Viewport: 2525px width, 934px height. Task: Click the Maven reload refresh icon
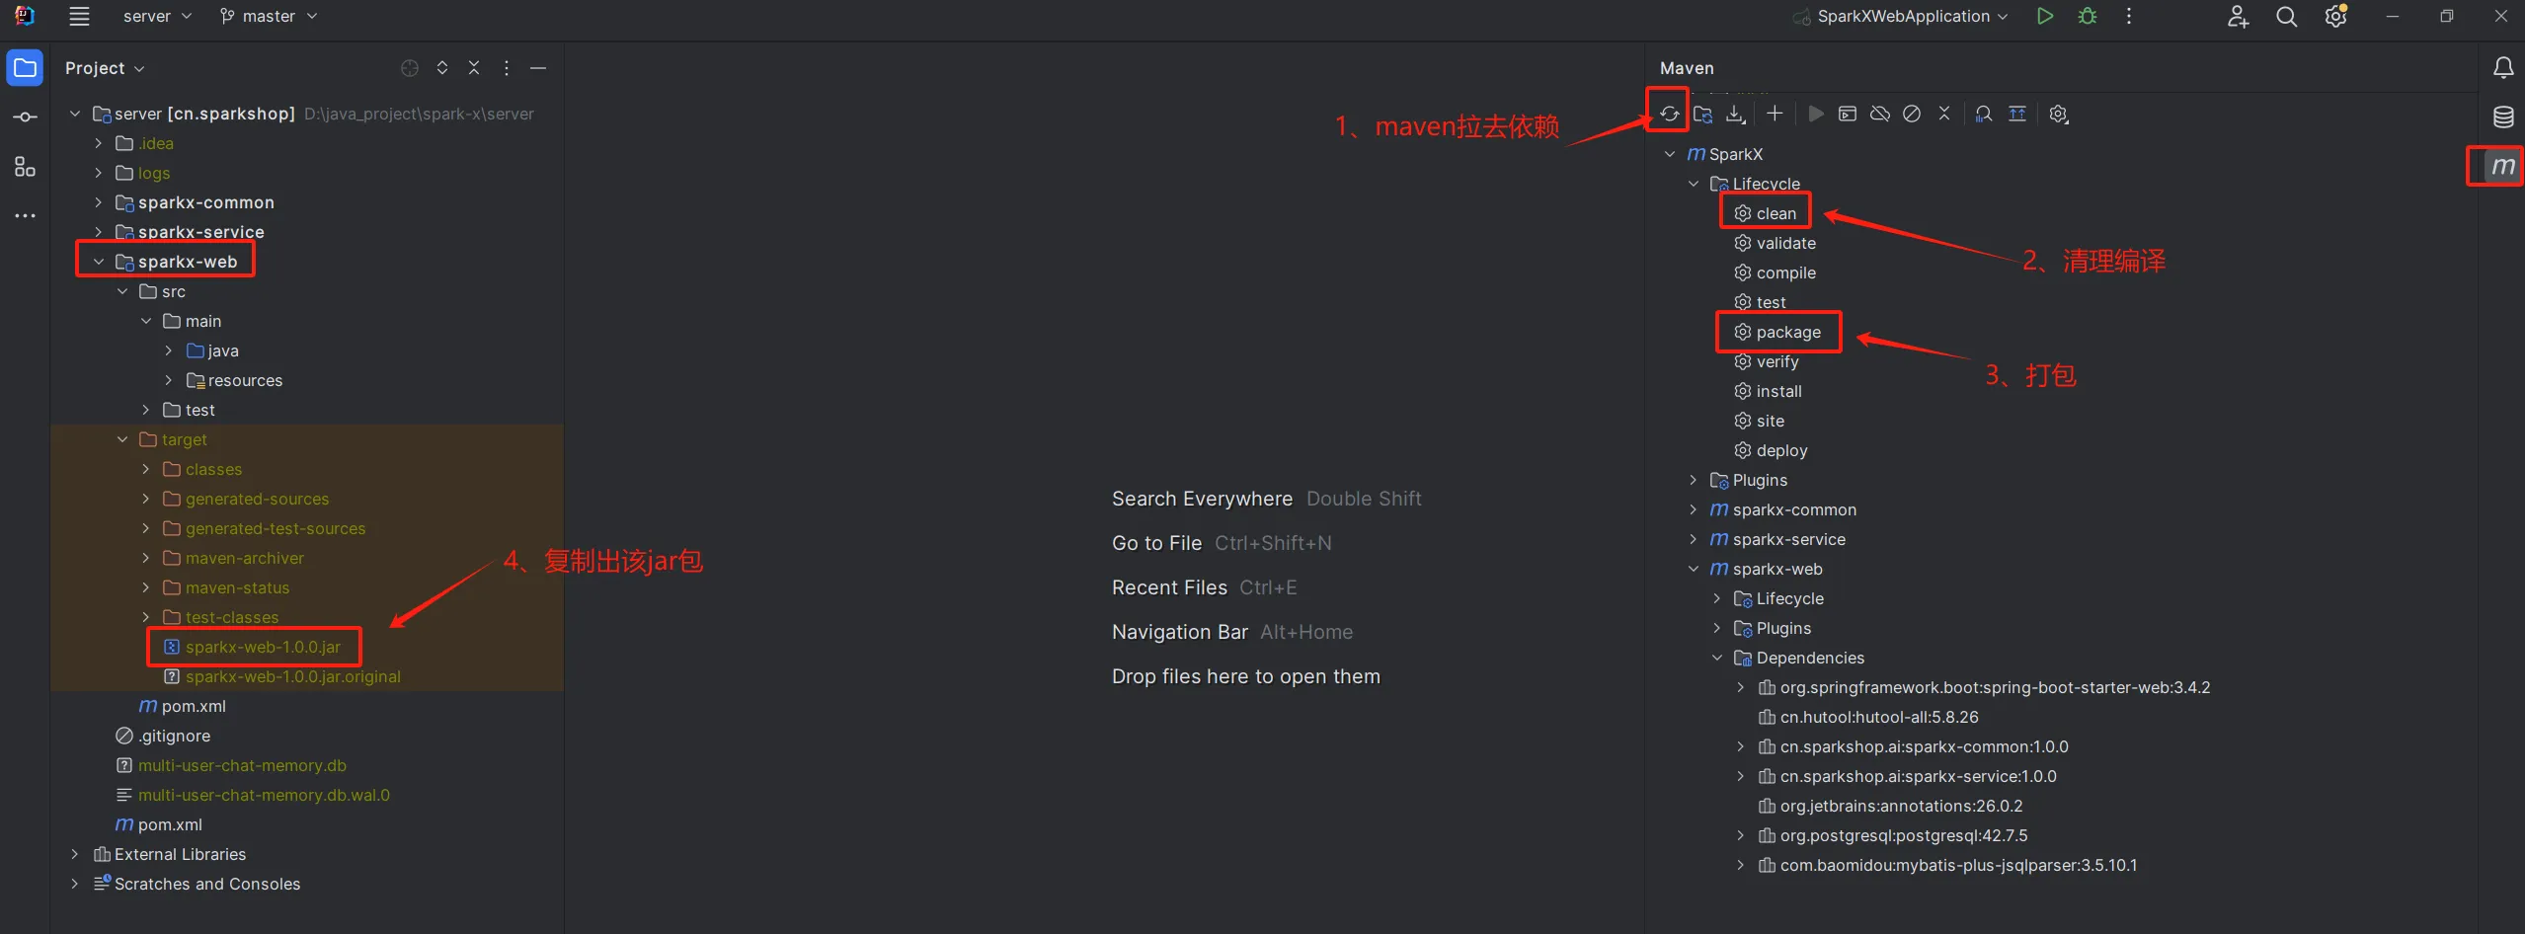click(1669, 114)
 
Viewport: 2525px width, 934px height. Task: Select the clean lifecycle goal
click(1775, 213)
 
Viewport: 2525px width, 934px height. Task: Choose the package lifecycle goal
click(1788, 332)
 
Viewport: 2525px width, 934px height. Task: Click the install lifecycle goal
click(1778, 391)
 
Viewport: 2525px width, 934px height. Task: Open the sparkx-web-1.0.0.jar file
click(263, 647)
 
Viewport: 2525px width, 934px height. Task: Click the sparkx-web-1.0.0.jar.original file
click(292, 676)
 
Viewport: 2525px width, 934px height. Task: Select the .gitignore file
click(174, 736)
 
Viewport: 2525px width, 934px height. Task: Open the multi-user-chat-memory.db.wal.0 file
click(264, 795)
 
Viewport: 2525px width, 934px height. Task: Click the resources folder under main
click(245, 380)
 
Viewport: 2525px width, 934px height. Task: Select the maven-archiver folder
click(244, 558)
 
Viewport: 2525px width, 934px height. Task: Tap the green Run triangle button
click(2045, 16)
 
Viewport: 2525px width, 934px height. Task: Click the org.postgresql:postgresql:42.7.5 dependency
click(1903, 835)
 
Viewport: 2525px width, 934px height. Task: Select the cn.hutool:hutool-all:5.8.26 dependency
click(1878, 717)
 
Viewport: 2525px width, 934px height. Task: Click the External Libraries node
click(180, 854)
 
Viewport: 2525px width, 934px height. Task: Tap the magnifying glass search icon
click(2286, 17)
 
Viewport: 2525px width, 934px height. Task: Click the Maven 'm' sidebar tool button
click(2502, 166)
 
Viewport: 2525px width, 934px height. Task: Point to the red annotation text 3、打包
click(2030, 375)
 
